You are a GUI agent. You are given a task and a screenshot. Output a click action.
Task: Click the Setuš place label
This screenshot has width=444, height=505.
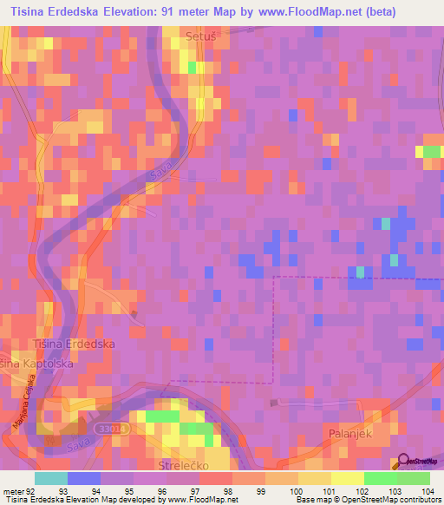click(199, 36)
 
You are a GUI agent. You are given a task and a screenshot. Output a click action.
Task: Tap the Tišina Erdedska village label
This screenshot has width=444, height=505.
click(73, 344)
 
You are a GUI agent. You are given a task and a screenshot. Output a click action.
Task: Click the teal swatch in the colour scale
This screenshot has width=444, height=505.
click(51, 477)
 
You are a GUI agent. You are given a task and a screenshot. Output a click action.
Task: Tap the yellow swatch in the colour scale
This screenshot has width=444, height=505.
click(347, 477)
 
